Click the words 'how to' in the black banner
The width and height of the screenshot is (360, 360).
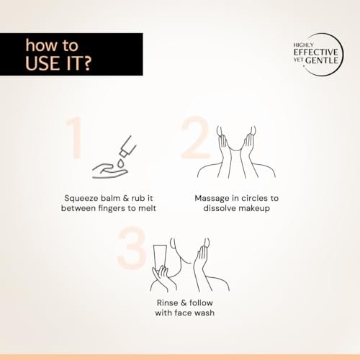click(52, 45)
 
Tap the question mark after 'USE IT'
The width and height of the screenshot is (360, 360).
click(86, 63)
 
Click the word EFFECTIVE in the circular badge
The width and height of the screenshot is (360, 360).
click(316, 52)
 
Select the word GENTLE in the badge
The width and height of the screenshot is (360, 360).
click(322, 60)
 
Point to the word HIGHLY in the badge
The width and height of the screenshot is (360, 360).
click(304, 45)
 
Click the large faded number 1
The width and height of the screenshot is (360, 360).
click(74, 138)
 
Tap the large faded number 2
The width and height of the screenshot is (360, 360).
click(195, 138)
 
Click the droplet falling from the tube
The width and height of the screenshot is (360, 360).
click(120, 163)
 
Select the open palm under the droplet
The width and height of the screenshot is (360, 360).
click(110, 171)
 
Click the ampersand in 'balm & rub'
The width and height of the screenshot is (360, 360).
click(126, 198)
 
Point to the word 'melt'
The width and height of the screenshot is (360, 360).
click(147, 208)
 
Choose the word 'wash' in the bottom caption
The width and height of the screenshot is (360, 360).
click(204, 313)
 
